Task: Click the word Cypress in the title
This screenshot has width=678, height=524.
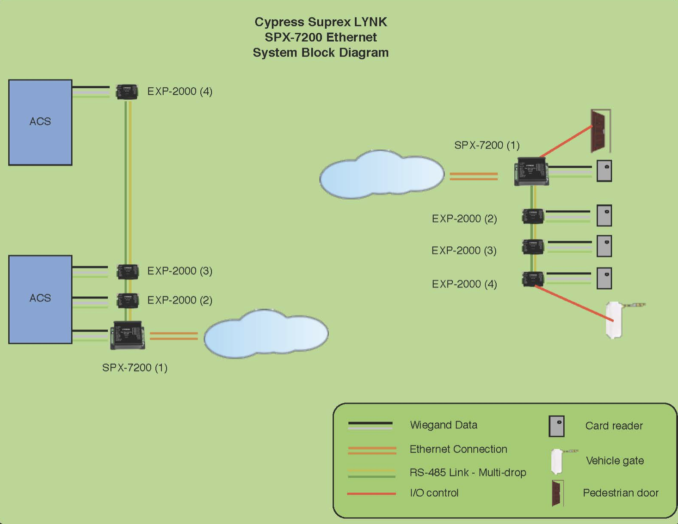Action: [279, 22]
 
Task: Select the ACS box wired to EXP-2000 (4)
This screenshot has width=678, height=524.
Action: [40, 122]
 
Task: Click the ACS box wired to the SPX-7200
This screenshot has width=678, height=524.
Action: [40, 299]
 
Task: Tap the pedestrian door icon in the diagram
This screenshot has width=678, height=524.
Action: [600, 131]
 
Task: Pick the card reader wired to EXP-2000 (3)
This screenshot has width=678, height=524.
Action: [604, 246]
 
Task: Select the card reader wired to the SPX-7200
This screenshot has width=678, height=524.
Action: [604, 171]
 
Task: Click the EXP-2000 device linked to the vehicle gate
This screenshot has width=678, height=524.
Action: [533, 279]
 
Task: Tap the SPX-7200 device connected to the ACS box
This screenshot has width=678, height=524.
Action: [127, 335]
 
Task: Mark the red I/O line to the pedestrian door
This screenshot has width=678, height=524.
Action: [566, 141]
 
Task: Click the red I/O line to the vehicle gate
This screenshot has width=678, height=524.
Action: [573, 303]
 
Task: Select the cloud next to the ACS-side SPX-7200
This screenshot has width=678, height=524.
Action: [266, 334]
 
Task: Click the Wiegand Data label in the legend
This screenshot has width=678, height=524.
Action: [443, 425]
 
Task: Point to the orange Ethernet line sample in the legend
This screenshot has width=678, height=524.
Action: [372, 450]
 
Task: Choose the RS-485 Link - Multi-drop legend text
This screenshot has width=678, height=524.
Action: [468, 473]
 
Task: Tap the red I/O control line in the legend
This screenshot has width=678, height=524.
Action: [371, 494]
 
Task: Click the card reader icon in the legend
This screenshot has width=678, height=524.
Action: [556, 426]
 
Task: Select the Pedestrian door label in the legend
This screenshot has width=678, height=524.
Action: [620, 493]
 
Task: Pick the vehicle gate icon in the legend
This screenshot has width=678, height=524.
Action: [557, 461]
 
